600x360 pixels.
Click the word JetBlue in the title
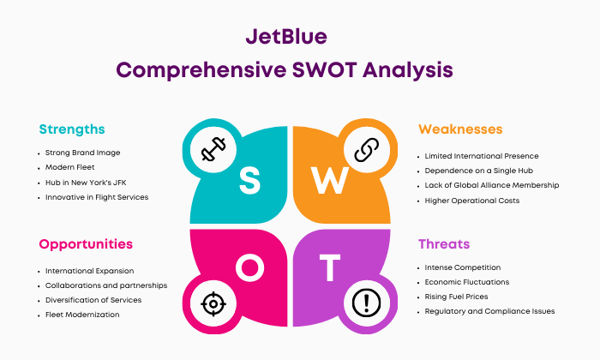[x=286, y=37]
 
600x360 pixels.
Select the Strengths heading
[x=72, y=129]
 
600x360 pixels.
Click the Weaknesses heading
[x=460, y=129]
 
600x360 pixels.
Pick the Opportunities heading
[x=86, y=244]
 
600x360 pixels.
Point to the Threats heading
[x=444, y=244]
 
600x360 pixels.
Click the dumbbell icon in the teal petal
[x=213, y=149]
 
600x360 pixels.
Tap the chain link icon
[x=367, y=150]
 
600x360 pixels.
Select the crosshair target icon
[x=213, y=304]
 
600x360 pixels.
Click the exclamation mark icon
[x=367, y=303]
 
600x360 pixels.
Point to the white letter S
[x=250, y=181]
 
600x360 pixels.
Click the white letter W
[x=330, y=181]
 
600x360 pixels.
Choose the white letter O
[x=250, y=267]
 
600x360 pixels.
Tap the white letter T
[x=330, y=267]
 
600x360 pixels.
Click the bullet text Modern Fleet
[x=70, y=167]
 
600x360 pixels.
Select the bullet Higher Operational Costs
[x=472, y=201]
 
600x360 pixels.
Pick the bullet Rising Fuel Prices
[x=457, y=297]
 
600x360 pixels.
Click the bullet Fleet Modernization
[x=82, y=315]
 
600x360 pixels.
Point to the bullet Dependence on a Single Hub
[x=478, y=171]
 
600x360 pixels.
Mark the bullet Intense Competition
[x=463, y=267]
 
